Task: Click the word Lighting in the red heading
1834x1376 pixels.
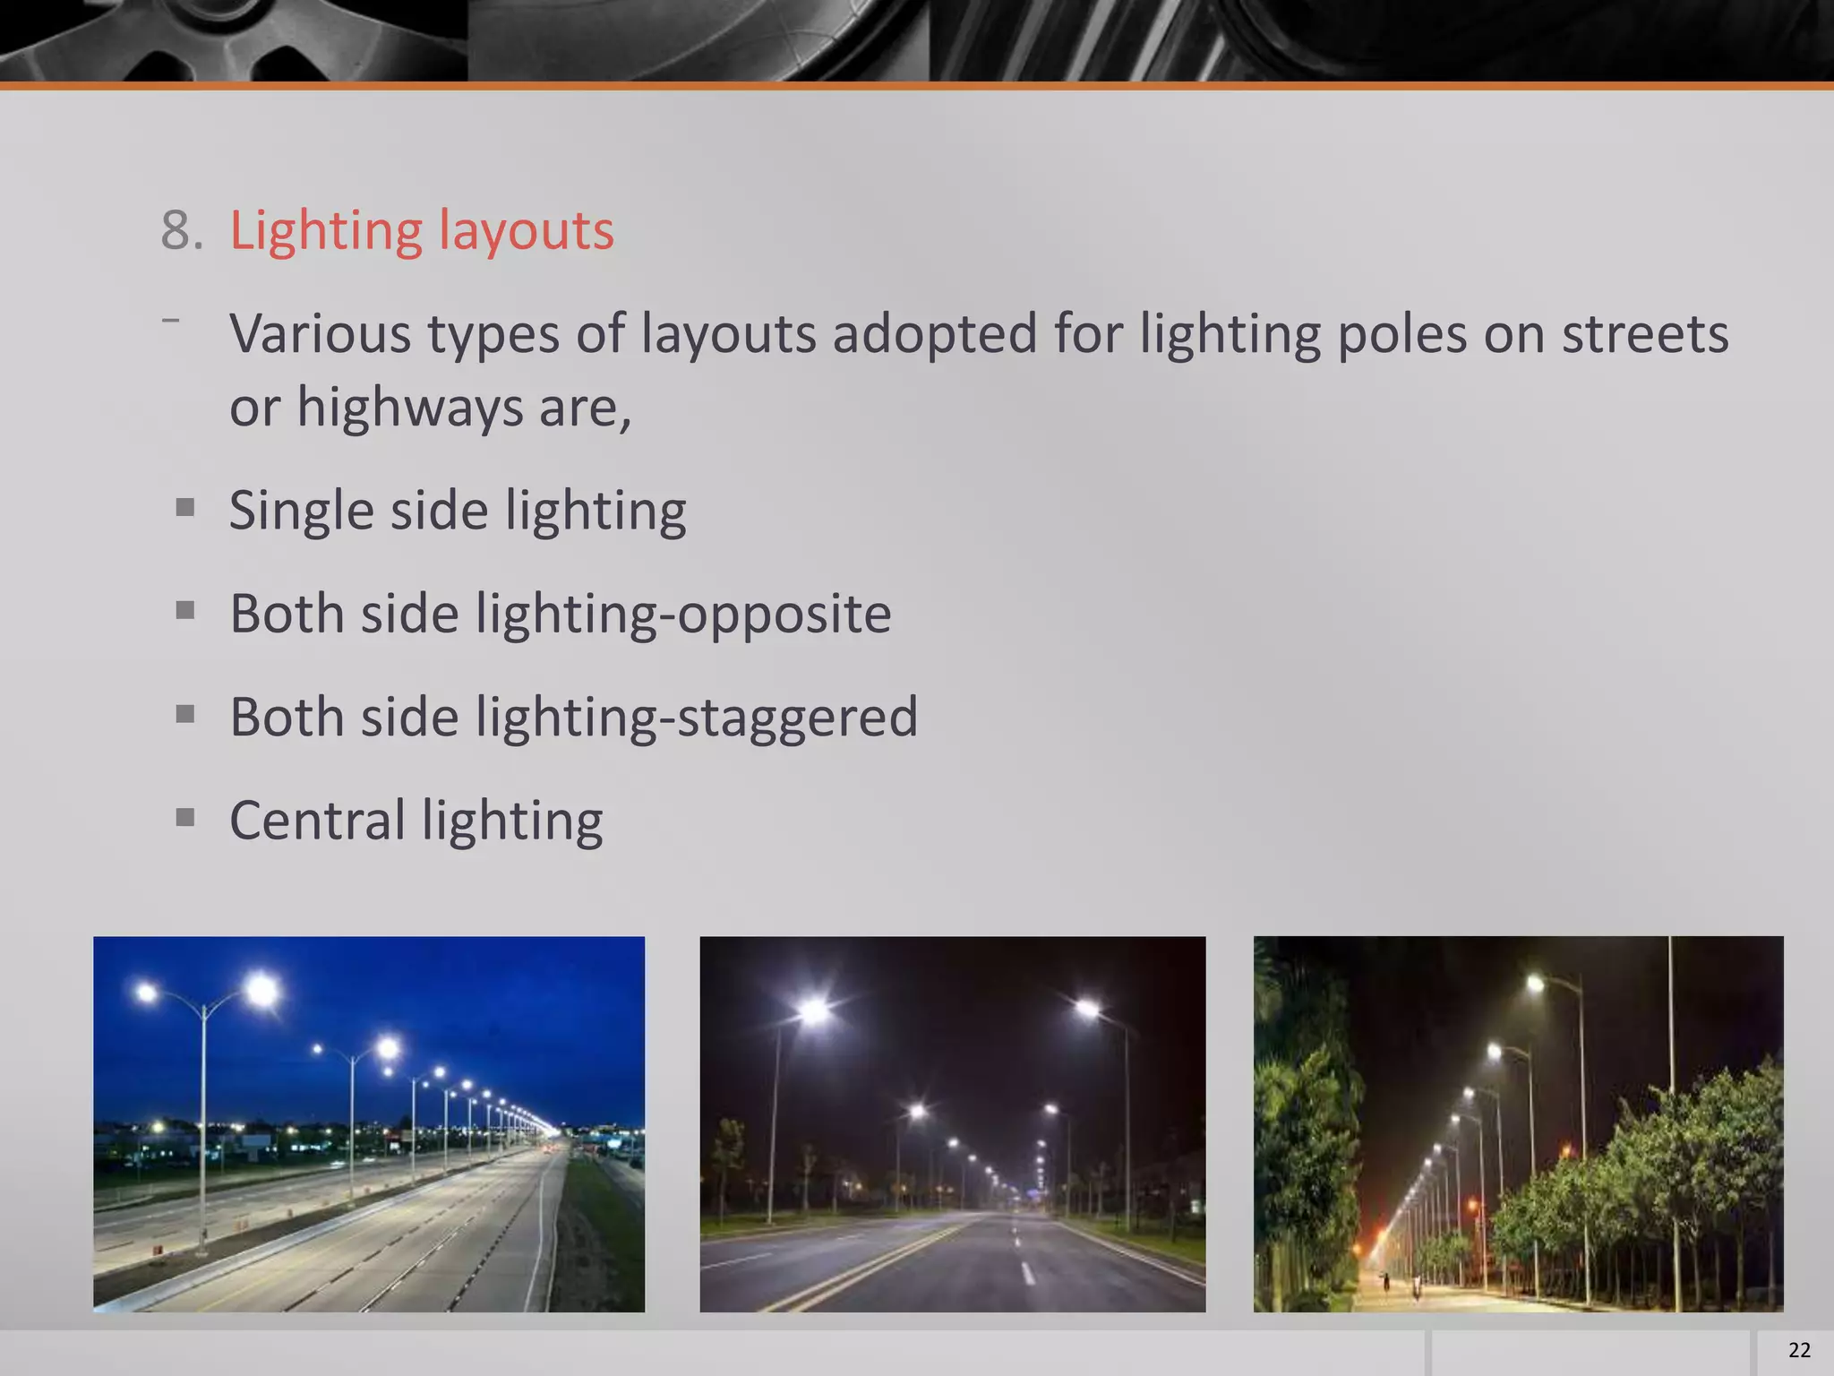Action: [x=326, y=232]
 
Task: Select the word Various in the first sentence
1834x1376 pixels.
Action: [x=320, y=333]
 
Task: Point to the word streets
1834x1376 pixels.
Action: [x=1645, y=333]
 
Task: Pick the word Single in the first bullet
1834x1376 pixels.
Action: [x=301, y=512]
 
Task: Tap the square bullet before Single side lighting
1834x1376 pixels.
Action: [x=185, y=509]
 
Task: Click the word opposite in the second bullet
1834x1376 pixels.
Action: [x=784, y=614]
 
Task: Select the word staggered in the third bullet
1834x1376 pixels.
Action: [x=797, y=718]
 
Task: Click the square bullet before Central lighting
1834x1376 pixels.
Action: [x=185, y=818]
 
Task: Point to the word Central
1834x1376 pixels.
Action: [x=317, y=820]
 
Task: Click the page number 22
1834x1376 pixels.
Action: [x=1799, y=1350]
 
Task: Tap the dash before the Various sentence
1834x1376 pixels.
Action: [x=171, y=319]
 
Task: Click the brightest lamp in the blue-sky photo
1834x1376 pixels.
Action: [x=261, y=991]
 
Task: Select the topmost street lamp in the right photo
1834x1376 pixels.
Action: [x=1535, y=984]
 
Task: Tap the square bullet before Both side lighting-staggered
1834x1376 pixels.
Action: [x=185, y=715]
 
